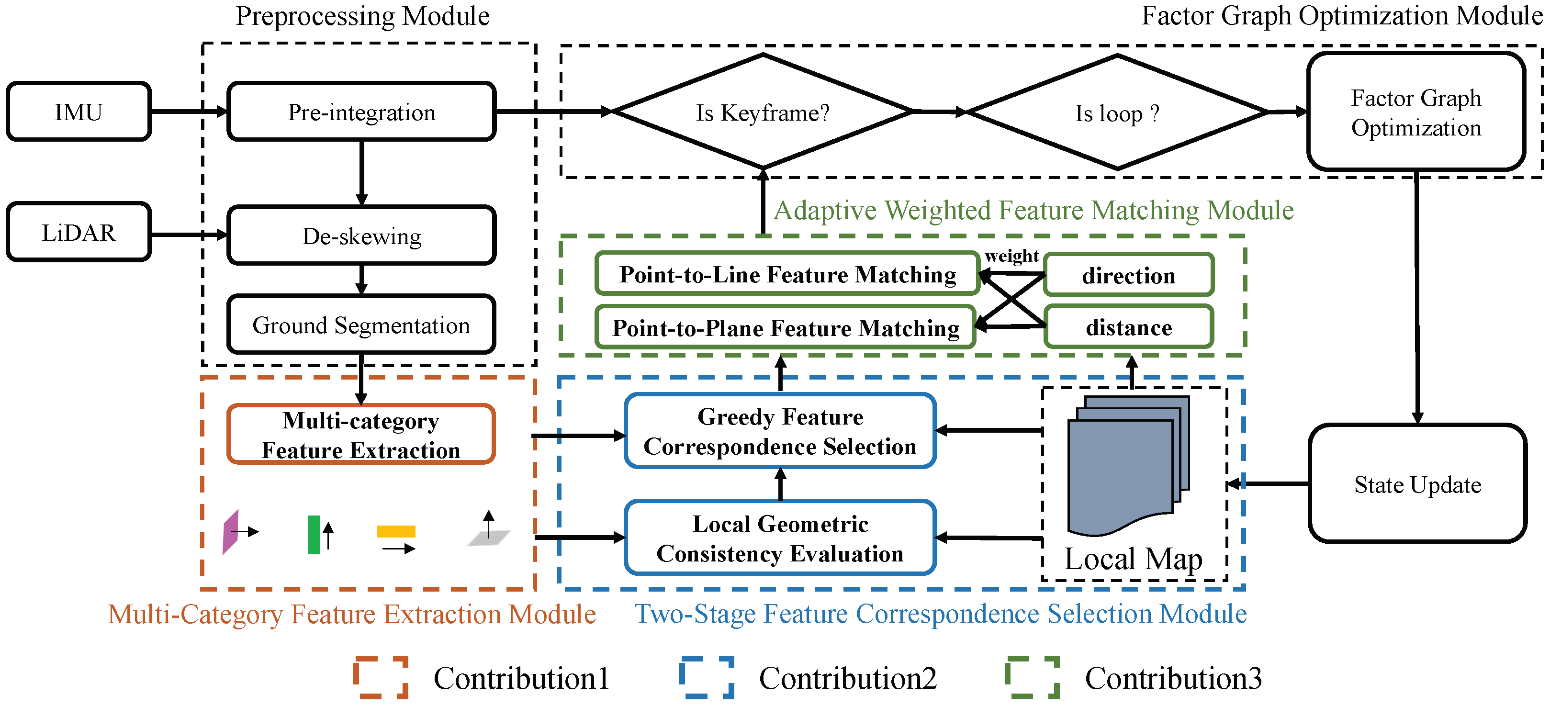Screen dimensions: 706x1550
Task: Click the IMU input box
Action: click(x=79, y=112)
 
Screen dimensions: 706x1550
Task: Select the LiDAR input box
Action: click(x=79, y=232)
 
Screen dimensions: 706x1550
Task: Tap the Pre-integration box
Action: click(x=361, y=112)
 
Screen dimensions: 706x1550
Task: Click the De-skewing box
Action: click(x=361, y=236)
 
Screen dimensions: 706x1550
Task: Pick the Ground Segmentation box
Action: click(x=361, y=325)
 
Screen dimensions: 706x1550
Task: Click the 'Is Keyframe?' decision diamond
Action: click(x=763, y=112)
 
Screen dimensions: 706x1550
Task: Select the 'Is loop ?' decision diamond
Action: click(x=1117, y=112)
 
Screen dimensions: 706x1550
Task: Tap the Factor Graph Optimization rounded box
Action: click(x=1416, y=112)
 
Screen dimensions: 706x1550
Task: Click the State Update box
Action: click(x=1417, y=484)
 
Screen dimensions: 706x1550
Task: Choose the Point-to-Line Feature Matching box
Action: click(x=787, y=274)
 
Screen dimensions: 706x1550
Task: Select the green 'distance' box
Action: click(x=1128, y=327)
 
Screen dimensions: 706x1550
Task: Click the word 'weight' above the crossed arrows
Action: click(x=1011, y=256)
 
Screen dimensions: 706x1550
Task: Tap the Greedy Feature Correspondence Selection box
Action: click(x=780, y=431)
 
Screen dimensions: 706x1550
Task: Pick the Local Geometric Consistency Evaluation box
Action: click(x=780, y=538)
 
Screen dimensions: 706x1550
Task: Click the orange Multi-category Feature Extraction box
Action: click(x=361, y=435)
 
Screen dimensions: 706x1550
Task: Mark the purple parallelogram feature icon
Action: click(x=230, y=532)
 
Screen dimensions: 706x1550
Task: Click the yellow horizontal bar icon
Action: click(x=396, y=531)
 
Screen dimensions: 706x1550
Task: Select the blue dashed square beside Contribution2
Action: click(x=707, y=677)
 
